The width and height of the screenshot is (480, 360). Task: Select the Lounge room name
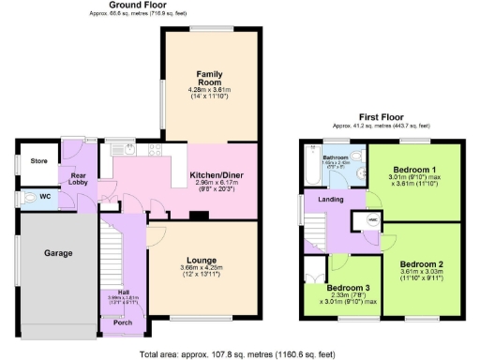[202, 260]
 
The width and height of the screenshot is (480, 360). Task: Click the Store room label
[37, 160]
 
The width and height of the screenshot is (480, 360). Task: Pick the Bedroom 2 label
[421, 265]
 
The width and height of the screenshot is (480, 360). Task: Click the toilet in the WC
[23, 198]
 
